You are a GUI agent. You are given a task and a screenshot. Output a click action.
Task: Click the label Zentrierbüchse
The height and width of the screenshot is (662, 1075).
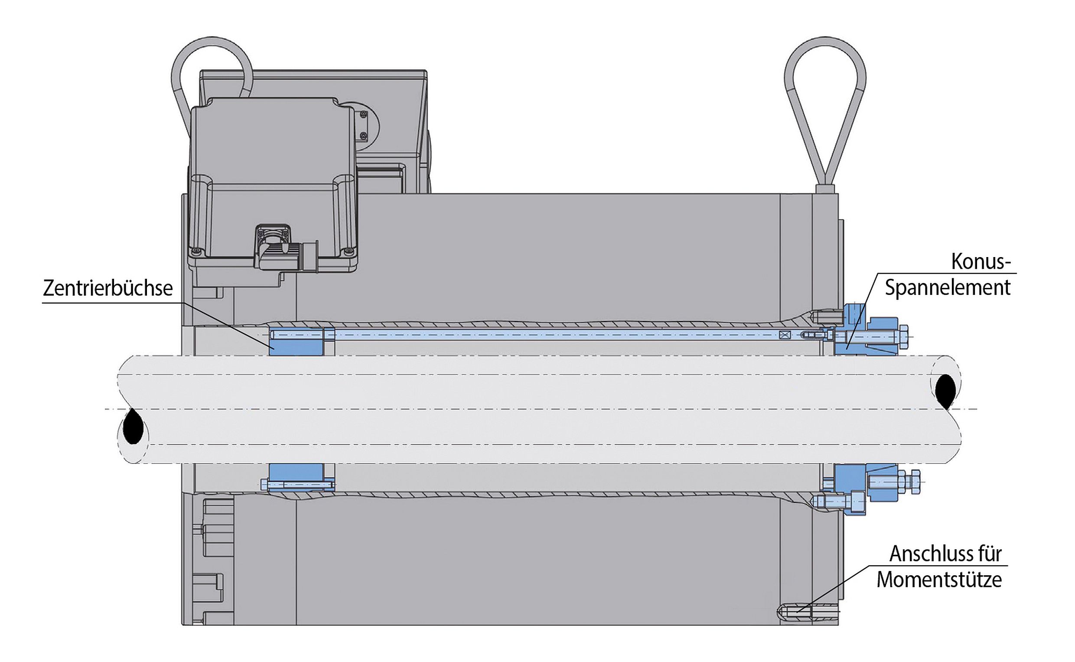pyautogui.click(x=107, y=288)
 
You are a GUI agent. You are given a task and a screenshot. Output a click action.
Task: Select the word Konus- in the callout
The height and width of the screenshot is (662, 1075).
pyautogui.click(x=981, y=262)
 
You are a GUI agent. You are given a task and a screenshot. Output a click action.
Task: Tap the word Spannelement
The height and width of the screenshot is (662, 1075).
pyautogui.click(x=948, y=288)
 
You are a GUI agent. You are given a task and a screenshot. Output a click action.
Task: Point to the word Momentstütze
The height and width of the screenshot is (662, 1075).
pyautogui.click(x=939, y=580)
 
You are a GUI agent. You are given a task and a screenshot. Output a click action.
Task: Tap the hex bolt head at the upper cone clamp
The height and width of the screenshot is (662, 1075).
pyautogui.click(x=903, y=337)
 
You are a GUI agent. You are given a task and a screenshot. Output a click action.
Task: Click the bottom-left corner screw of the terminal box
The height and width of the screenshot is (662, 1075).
pyautogui.click(x=195, y=251)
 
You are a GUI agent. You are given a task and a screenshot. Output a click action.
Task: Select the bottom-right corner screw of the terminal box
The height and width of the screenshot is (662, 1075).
pyautogui.click(x=348, y=251)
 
